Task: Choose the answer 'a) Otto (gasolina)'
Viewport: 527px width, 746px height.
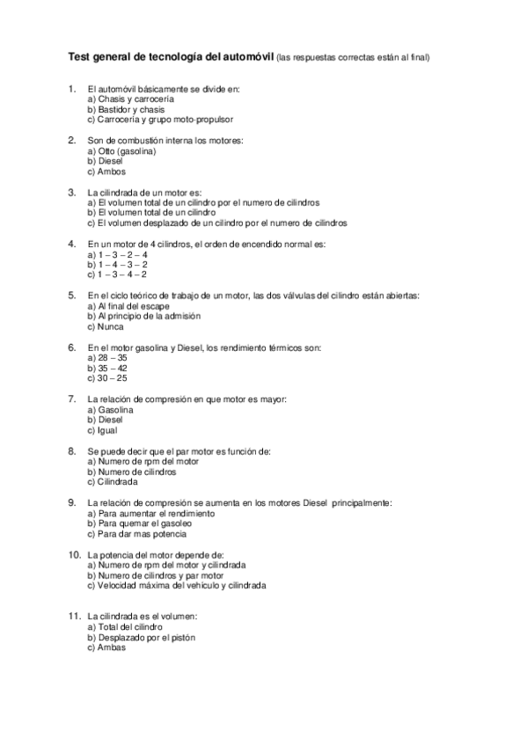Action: (x=122, y=151)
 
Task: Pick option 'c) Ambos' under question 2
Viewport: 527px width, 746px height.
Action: (x=106, y=172)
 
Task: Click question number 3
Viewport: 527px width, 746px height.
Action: (x=71, y=192)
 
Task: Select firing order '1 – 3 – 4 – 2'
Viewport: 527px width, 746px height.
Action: (x=118, y=274)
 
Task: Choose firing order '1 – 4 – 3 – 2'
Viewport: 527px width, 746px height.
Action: (x=118, y=264)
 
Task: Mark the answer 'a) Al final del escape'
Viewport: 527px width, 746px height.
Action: (x=129, y=305)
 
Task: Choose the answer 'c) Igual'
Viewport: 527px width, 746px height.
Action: (x=103, y=430)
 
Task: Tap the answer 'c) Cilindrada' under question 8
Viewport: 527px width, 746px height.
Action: (x=113, y=482)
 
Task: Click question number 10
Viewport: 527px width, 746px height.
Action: (x=74, y=554)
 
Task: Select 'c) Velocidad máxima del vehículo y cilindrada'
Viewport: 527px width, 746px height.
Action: (x=177, y=585)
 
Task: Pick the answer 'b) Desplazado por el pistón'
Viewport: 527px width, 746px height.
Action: (x=142, y=637)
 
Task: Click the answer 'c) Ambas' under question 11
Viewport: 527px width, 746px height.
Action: (x=106, y=647)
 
